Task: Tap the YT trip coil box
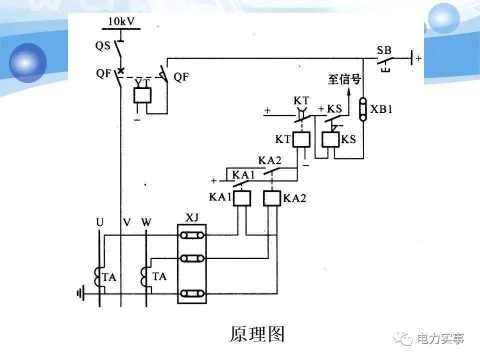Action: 142,95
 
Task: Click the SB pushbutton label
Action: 384,50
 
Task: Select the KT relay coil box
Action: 301,139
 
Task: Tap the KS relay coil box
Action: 330,139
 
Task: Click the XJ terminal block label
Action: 191,217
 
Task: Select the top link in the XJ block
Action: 192,236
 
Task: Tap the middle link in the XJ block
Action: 192,258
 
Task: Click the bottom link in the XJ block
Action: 192,293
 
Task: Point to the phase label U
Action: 100,221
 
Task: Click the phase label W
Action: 146,221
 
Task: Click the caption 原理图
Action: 257,334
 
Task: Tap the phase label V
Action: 126,222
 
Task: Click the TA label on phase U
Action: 109,277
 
